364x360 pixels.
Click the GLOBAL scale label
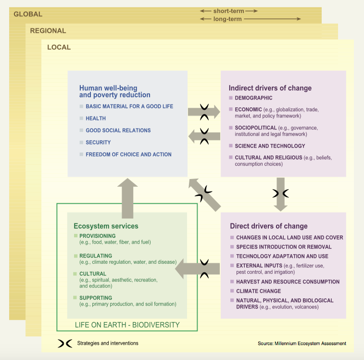[x=28, y=14]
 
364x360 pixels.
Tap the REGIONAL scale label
[x=48, y=31]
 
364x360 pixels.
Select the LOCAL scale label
[x=59, y=47]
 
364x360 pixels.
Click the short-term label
[x=229, y=11]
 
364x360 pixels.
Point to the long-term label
[x=227, y=19]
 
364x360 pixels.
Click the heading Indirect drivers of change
[x=270, y=88]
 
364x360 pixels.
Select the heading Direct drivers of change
[x=269, y=226]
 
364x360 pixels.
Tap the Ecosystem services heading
[x=106, y=226]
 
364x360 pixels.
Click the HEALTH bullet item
[x=96, y=118]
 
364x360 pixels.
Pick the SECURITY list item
[x=98, y=142]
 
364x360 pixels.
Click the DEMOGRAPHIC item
[x=253, y=98]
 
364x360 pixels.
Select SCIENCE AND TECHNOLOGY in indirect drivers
[x=270, y=146]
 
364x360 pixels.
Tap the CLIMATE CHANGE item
[x=259, y=291]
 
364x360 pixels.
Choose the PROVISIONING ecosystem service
[x=98, y=236]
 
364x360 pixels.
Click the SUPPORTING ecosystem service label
[x=96, y=298]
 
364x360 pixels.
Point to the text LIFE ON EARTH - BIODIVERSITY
[x=127, y=325]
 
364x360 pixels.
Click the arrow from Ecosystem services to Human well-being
[x=127, y=198]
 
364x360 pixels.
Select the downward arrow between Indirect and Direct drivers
[x=281, y=194]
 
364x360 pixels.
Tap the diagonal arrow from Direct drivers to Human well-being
[x=204, y=195]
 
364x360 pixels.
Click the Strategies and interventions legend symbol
[x=65, y=344]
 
